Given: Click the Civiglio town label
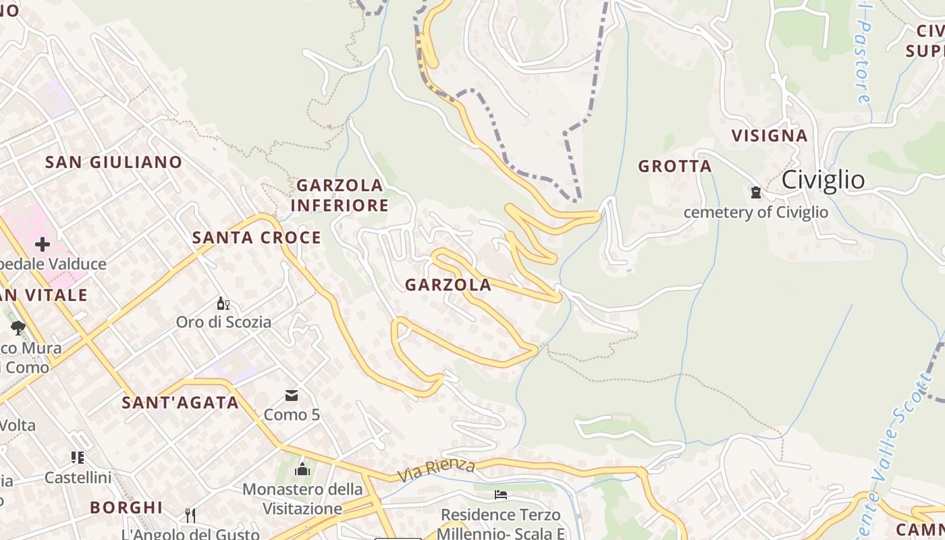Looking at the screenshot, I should [823, 180].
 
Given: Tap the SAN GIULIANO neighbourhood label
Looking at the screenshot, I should [113, 162].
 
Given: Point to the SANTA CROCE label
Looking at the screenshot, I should [256, 238].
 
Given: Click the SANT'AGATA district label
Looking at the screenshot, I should [180, 403].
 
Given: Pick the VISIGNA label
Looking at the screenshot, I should [769, 136].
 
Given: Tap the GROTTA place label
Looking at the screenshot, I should [675, 166].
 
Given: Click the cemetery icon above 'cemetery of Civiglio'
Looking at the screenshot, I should [755, 193].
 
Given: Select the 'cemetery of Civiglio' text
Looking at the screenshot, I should [755, 212].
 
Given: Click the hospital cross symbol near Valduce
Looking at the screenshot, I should [43, 244].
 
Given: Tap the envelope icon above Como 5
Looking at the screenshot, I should [292, 396].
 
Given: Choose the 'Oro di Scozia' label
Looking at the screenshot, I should [223, 322].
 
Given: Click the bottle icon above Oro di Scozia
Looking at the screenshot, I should [223, 304].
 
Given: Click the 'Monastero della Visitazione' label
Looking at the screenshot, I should [302, 498].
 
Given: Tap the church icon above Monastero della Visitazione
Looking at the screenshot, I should [302, 468].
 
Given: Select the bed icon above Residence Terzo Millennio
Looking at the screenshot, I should [500, 495].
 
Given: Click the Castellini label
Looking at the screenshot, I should [78, 477].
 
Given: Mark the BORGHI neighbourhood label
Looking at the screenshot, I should [126, 507].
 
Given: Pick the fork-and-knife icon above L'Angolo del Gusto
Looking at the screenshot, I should [190, 516].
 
